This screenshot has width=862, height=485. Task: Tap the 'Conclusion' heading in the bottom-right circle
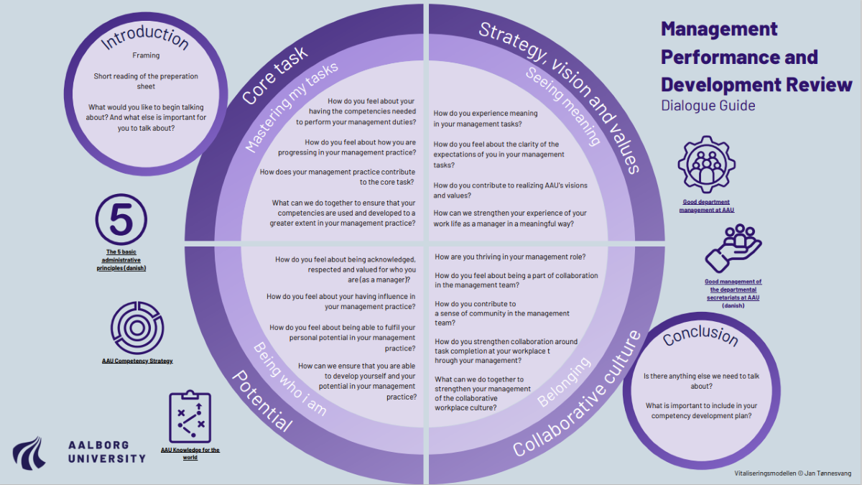(700, 336)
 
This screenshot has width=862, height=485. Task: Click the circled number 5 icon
(121, 218)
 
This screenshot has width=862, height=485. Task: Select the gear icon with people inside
(708, 165)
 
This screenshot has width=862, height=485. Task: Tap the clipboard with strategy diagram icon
(190, 417)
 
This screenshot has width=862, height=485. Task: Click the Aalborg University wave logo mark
(31, 450)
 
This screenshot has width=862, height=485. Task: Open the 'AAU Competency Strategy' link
(137, 360)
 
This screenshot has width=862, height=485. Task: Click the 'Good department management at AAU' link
(708, 206)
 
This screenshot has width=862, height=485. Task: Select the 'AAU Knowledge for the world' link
(190, 453)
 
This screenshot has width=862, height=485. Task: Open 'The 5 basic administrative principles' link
(121, 260)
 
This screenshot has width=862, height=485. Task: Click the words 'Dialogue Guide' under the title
(708, 106)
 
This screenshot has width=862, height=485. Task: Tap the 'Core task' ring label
(274, 76)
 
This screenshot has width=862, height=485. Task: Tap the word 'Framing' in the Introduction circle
(146, 55)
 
